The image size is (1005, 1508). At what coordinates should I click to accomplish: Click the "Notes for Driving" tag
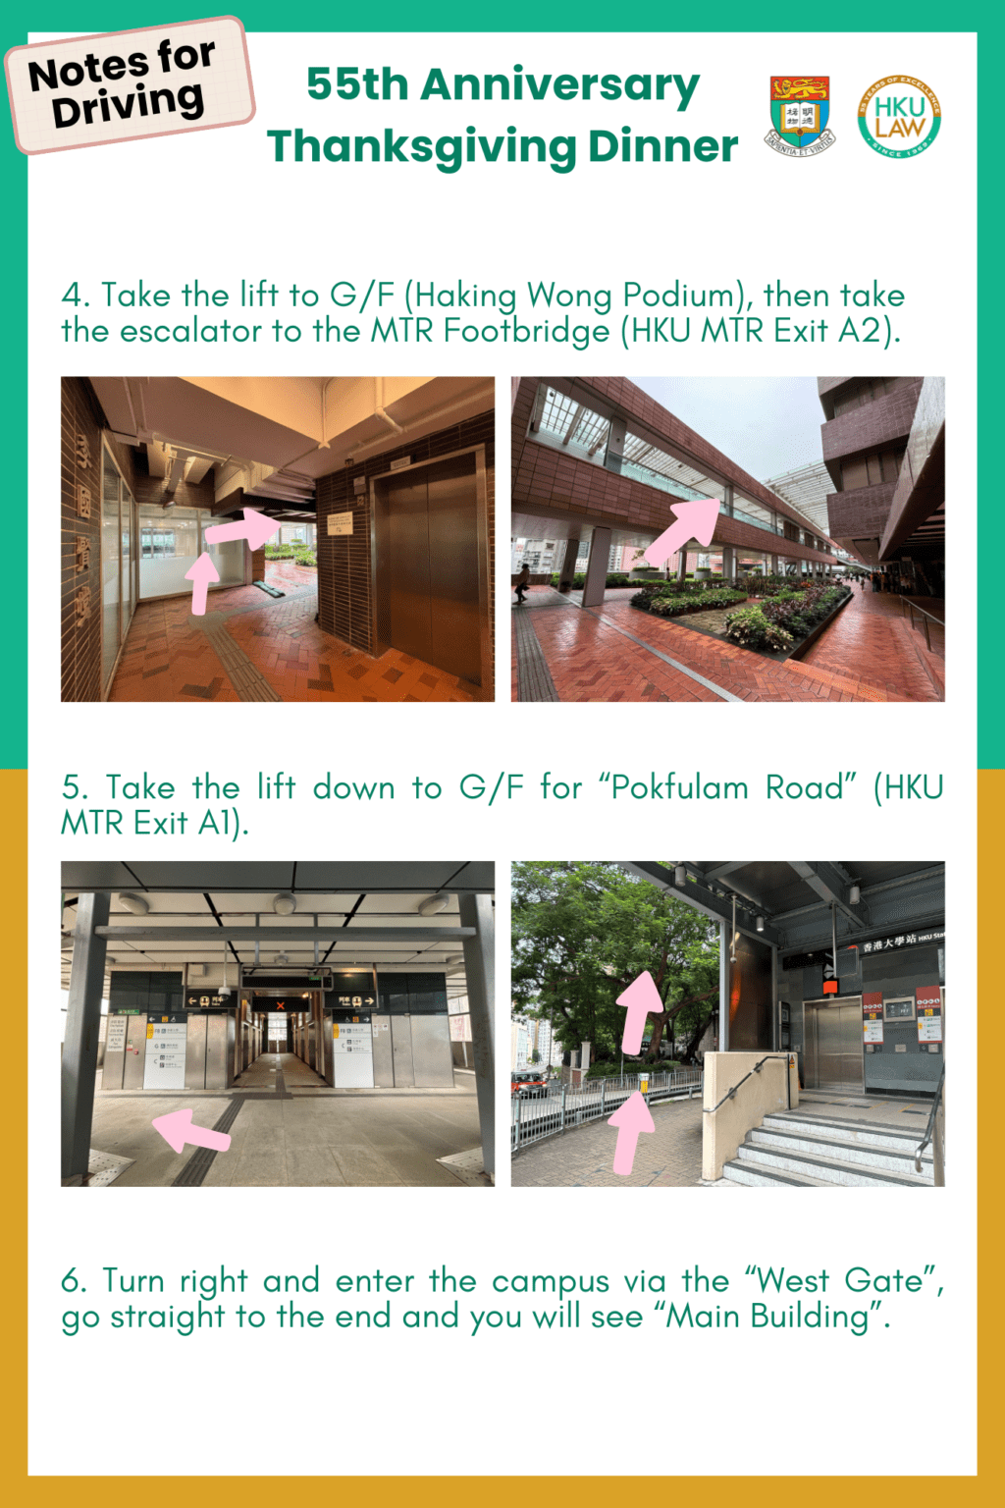[129, 85]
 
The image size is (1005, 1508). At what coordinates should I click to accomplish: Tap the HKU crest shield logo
[800, 116]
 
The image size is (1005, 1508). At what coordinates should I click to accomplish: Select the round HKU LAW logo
[899, 116]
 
